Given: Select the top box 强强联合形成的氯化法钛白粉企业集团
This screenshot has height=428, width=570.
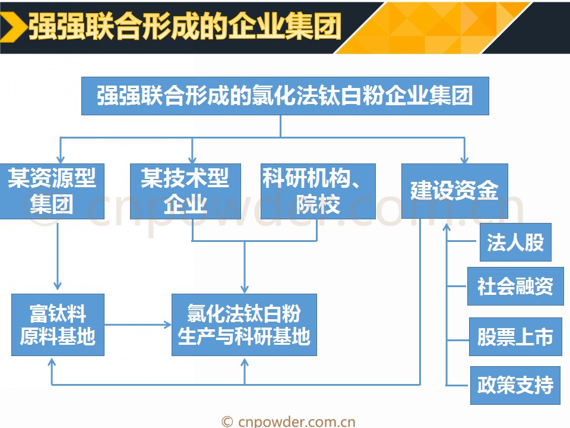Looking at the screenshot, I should click(285, 96).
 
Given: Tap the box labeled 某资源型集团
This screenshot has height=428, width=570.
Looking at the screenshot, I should click(52, 191).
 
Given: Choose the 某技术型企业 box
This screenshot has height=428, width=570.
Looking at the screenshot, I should click(185, 191).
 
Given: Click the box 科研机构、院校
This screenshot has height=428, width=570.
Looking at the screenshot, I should click(318, 191).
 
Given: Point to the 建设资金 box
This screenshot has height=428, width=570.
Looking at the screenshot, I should click(454, 191).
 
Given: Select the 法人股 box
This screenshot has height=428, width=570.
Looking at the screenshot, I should click(515, 242).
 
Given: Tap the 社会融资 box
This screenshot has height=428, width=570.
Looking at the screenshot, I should click(515, 287).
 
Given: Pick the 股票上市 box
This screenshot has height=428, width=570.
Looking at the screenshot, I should click(515, 337).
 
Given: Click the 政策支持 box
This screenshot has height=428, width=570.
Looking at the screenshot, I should click(515, 385).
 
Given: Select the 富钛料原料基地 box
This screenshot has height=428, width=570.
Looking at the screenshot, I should click(58, 325).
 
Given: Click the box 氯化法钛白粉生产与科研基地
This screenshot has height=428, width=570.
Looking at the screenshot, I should click(244, 325).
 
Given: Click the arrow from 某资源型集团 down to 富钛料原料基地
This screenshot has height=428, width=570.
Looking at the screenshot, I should click(58, 256).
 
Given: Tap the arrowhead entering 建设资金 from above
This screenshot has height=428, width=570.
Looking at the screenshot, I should click(464, 159).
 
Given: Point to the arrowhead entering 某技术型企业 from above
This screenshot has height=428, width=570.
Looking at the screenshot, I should click(192, 159).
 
